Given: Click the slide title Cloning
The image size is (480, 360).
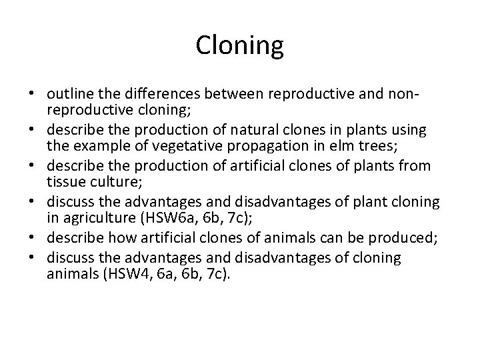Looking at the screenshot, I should (x=240, y=46).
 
